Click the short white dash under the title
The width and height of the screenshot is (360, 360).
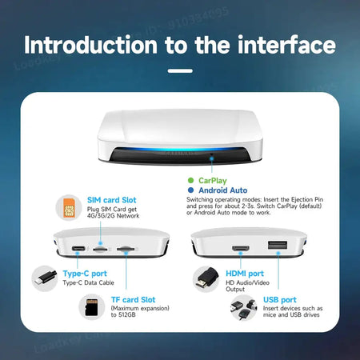[180, 70]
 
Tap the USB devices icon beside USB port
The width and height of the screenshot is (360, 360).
[241, 309]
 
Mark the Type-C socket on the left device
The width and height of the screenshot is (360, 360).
[79, 250]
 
